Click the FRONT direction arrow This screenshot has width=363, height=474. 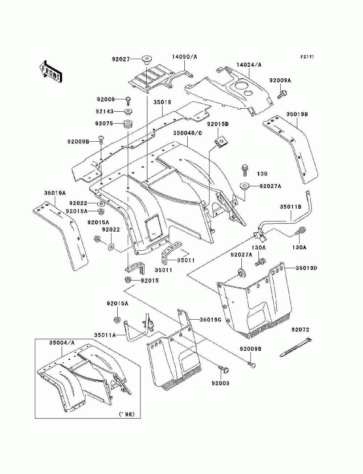[50, 71]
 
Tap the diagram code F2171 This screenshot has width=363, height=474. [307, 57]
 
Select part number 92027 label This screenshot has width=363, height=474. [121, 59]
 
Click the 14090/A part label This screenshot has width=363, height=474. [184, 57]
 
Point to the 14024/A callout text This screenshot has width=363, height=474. [249, 65]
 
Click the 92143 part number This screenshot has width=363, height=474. [105, 111]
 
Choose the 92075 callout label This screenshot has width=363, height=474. [105, 123]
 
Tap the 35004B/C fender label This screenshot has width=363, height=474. [187, 133]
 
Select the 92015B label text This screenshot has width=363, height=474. [218, 124]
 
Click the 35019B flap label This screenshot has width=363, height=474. [297, 115]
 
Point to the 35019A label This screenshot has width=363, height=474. [55, 193]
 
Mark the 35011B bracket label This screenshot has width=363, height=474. [290, 207]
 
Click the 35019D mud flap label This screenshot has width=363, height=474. [306, 268]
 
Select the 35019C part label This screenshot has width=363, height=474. [210, 320]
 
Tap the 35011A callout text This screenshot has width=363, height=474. [105, 335]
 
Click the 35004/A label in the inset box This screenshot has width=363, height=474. [62, 342]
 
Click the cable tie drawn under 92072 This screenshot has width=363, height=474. [296, 348]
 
